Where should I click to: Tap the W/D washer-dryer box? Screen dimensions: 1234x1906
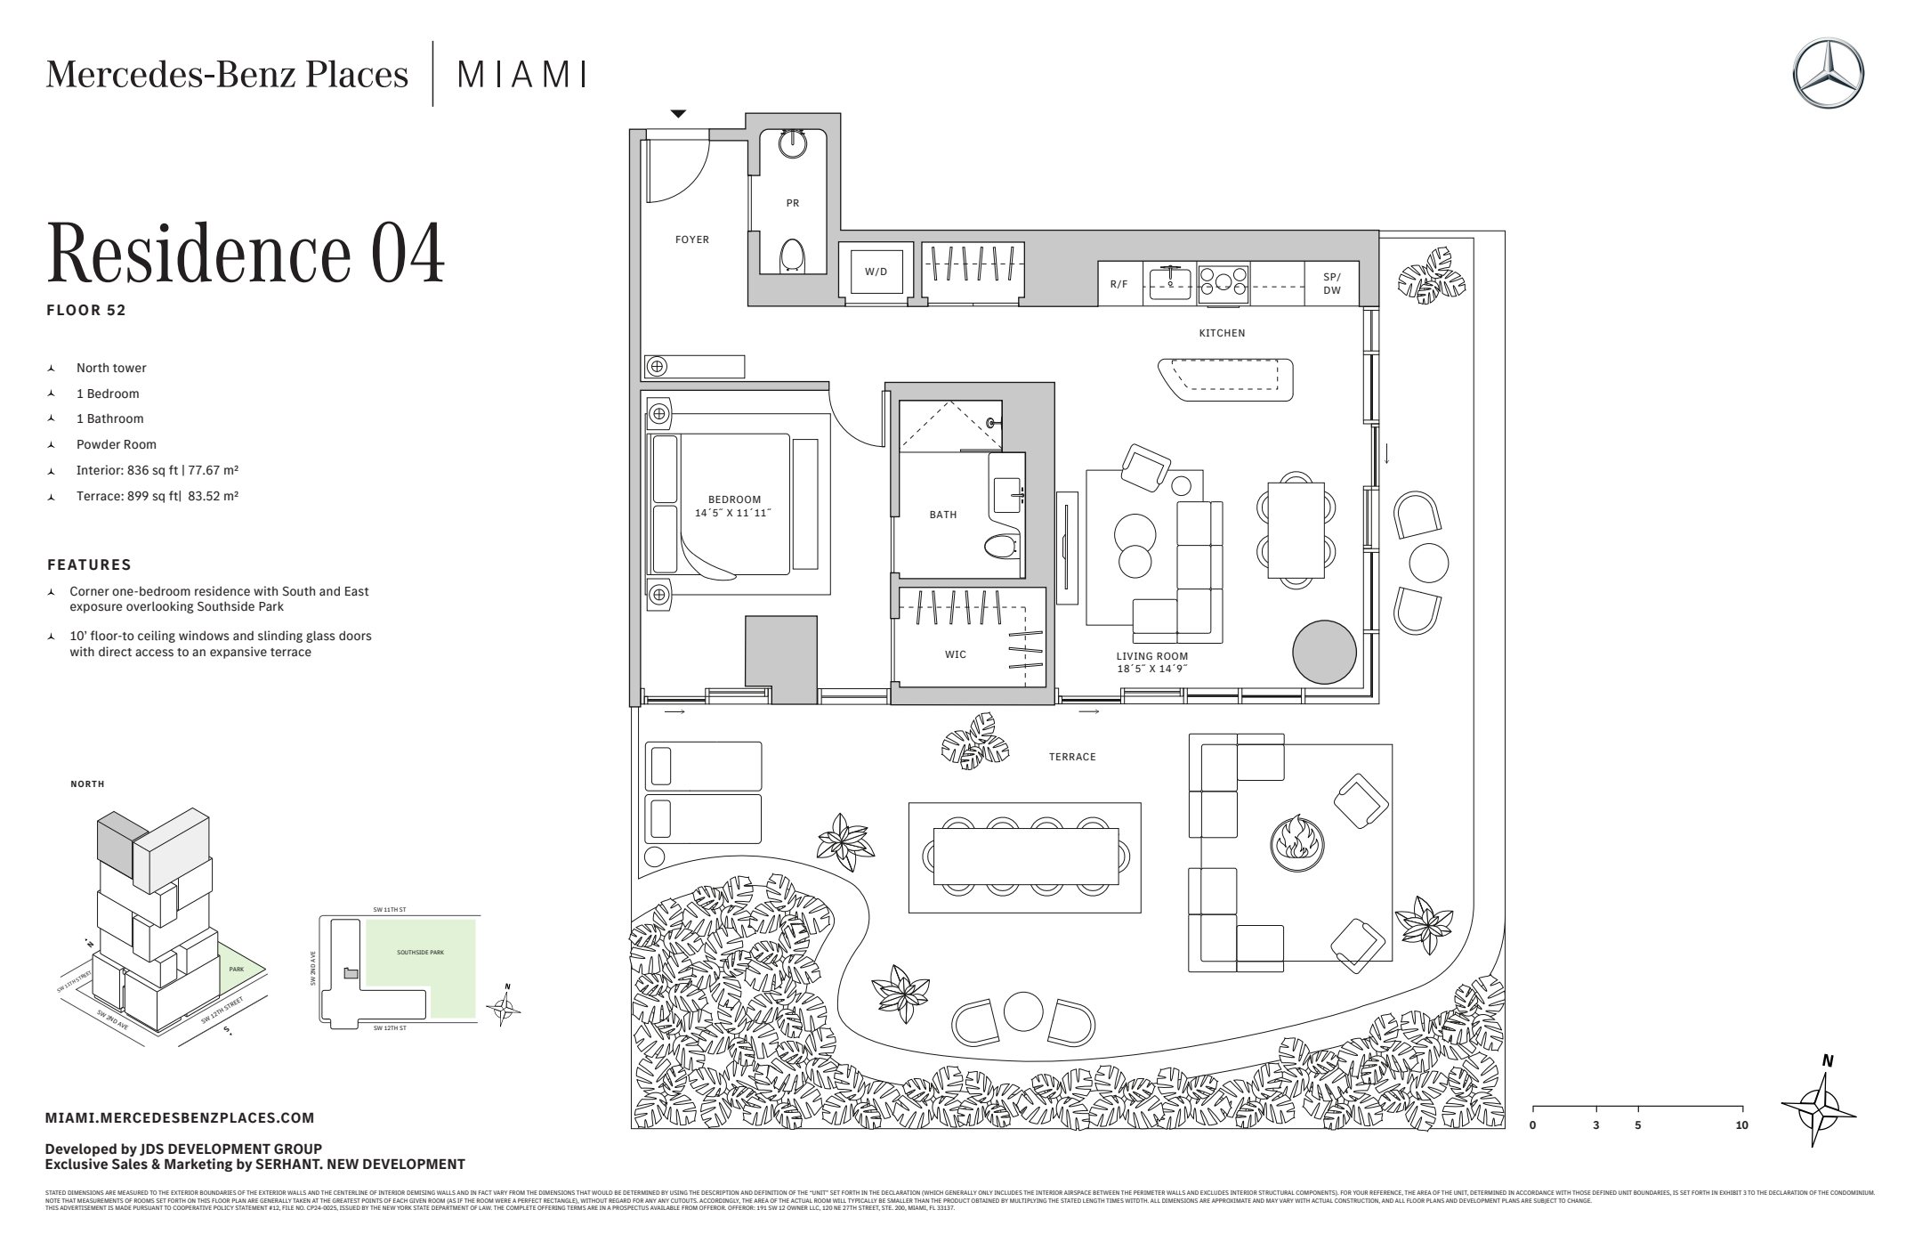coord(876,271)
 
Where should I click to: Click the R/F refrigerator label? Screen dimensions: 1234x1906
coord(1119,284)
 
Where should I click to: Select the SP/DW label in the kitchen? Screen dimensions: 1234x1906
coord(1331,284)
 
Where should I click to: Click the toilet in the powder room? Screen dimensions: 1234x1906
coord(792,255)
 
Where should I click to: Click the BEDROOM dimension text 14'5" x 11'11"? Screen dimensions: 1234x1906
coord(734,513)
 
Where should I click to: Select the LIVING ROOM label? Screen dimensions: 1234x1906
coord(1152,656)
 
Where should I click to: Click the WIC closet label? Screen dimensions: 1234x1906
coord(955,654)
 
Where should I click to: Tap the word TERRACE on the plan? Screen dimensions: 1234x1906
coord(1071,757)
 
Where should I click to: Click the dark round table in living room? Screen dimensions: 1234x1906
coord(1324,652)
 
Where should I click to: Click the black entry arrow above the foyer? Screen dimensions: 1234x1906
coord(678,114)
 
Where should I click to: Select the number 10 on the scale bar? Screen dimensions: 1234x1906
coord(1741,1125)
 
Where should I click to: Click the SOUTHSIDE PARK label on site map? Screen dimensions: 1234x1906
coord(420,953)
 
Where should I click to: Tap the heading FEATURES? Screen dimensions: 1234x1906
coord(89,564)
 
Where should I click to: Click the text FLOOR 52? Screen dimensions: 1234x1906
coord(86,311)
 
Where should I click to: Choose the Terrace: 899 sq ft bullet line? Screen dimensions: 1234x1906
coord(157,496)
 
